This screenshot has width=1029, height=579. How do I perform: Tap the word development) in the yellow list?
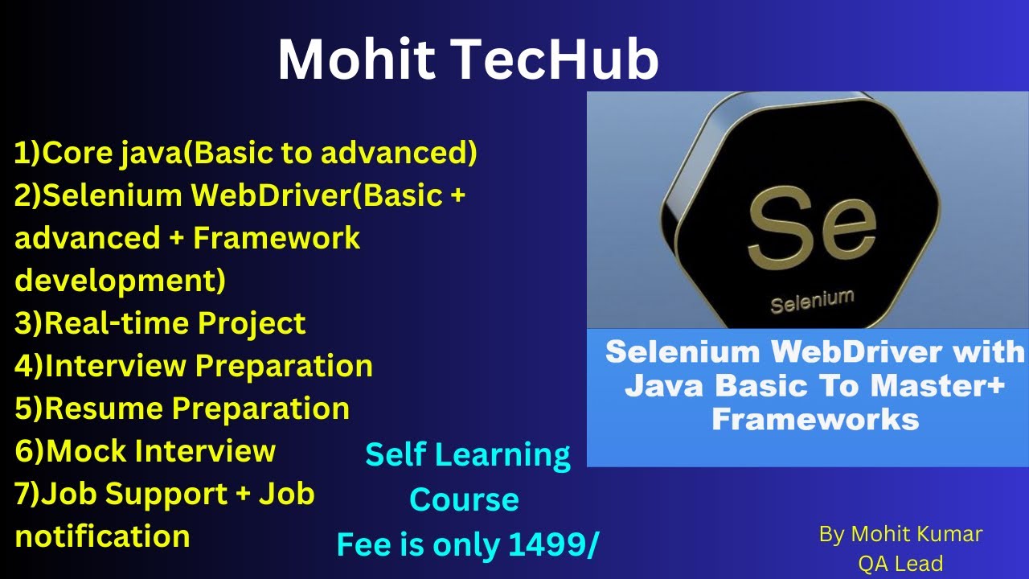coord(121,281)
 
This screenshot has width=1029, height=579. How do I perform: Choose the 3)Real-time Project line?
coord(160,323)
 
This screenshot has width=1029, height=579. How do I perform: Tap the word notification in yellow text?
coord(102,536)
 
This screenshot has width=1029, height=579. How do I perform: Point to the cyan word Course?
coord(464,500)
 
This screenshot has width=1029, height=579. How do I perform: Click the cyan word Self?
coord(394,456)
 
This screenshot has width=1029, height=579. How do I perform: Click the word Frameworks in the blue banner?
coord(815,419)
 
